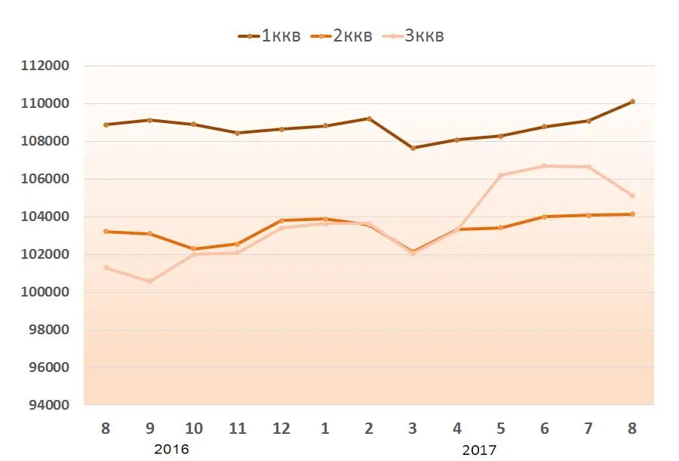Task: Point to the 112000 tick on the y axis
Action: coord(45,66)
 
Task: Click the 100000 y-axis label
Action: coord(45,292)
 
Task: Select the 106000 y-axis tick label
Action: coord(45,179)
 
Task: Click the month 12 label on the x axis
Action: coord(281,429)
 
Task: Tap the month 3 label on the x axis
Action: coord(413,429)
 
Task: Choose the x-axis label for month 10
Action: coord(194,429)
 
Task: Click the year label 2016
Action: coord(171,450)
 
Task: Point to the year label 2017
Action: coord(479,450)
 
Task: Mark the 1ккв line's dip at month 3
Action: coord(413,148)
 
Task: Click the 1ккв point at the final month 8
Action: coord(632,101)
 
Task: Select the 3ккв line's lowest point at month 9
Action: coord(149,281)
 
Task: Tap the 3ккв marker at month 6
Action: coord(544,166)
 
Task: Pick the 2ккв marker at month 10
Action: coord(194,249)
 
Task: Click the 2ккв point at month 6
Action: coord(544,217)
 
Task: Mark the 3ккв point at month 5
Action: coord(500,175)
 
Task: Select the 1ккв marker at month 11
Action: coord(238,133)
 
